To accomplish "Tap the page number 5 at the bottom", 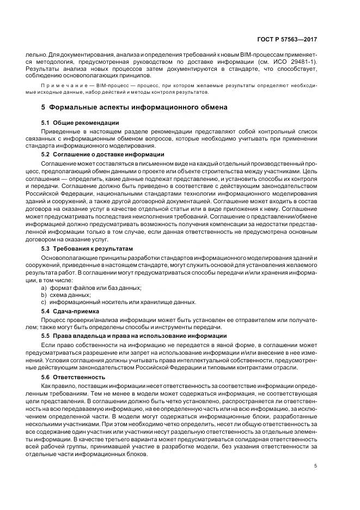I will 317,465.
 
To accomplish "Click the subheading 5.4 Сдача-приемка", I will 72,311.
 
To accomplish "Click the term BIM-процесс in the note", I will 100,86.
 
